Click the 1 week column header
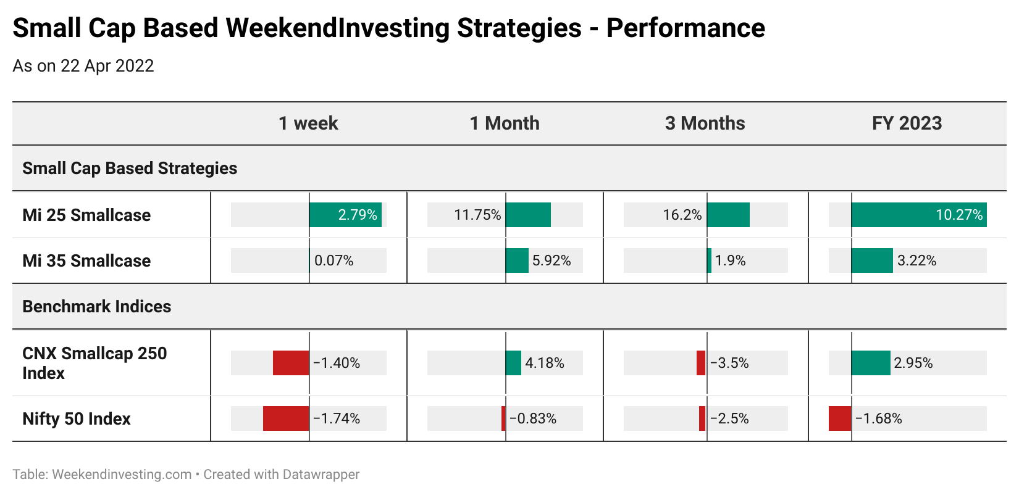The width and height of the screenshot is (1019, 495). pos(308,123)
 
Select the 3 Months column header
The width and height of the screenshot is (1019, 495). pos(705,123)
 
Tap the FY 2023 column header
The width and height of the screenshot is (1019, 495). pos(907,123)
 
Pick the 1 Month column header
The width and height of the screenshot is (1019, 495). pos(505,123)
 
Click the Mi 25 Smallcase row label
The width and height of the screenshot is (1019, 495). pos(86,215)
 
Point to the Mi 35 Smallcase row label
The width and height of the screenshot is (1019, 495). pos(86,261)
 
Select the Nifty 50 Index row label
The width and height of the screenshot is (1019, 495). pos(77,418)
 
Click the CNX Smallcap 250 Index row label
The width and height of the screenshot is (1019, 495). pos(94,363)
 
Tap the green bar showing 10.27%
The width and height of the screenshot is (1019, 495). pos(919,215)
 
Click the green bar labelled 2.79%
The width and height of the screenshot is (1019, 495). pos(345,215)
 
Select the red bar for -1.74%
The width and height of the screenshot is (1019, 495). pos(286,418)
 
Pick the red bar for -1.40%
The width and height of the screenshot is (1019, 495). pos(291,363)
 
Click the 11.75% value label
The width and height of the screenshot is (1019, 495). pos(477,215)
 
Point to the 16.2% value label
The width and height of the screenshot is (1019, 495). pos(682,215)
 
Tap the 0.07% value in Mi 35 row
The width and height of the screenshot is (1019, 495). pos(334,260)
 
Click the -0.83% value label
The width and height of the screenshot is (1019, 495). pos(533,418)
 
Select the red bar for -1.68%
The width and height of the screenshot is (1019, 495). pos(841,418)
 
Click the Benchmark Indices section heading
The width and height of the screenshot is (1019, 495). pos(97,306)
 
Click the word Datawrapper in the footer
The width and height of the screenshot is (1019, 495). pos(321,474)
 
